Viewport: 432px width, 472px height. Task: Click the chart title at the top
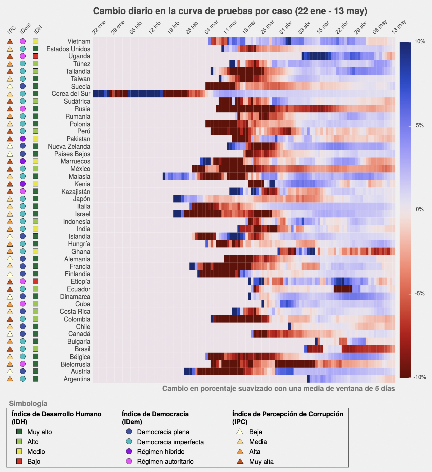230,11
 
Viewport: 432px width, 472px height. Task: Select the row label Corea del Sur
71,94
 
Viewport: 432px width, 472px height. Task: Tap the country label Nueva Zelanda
69,147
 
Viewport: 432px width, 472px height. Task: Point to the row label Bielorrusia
75,364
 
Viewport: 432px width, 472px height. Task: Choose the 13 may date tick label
399,27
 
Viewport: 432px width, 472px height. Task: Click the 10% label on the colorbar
420,42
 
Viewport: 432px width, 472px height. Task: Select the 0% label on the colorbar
420,209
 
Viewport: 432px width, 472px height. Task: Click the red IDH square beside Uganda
36,56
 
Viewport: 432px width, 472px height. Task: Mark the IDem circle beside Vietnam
23,41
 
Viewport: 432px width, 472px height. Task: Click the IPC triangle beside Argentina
10,379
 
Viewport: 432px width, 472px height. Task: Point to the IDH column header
38,30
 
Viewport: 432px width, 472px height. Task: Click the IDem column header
25,28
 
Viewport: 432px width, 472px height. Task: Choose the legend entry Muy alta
261,462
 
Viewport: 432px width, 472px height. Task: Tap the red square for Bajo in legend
19,461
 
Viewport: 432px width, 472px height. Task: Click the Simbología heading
28,404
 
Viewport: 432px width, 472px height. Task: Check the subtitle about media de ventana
278,389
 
